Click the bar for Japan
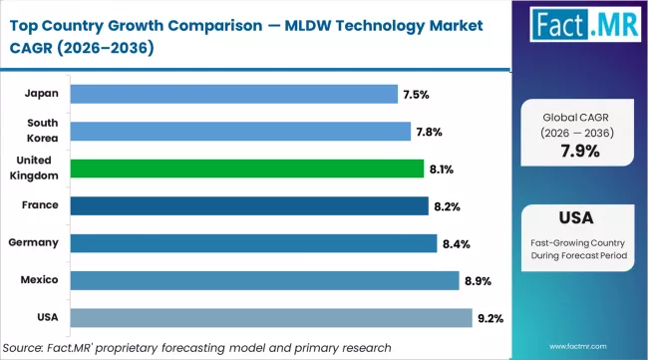[234, 94]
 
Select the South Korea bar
[240, 131]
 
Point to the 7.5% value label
[416, 95]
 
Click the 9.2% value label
[490, 318]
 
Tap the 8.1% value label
[441, 170]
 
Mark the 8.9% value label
[478, 281]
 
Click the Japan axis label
[41, 94]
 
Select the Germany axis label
[35, 242]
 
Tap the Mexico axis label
[39, 280]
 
